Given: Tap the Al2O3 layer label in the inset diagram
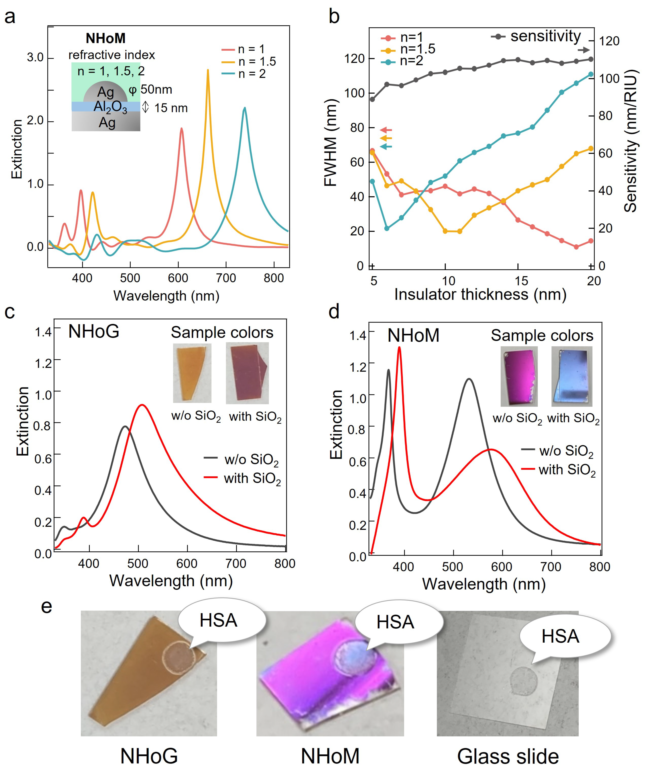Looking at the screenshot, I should tap(110, 107).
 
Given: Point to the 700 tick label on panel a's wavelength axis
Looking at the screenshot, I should tap(226, 278).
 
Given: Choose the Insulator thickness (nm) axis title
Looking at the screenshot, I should tap(480, 294).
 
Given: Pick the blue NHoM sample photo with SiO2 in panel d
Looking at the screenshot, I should tap(572, 376).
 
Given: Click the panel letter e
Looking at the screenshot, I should tap(46, 606).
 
